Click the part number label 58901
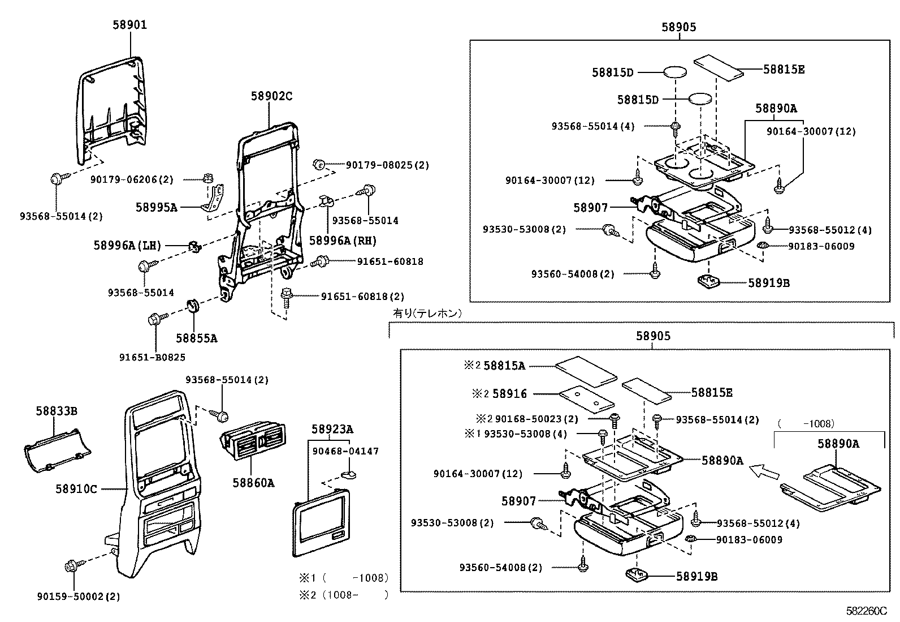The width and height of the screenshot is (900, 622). (130, 25)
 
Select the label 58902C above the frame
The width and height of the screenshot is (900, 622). (271, 96)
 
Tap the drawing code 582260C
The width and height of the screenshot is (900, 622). (866, 611)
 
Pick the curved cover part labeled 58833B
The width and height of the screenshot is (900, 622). (57, 451)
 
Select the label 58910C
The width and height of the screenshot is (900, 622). (76, 488)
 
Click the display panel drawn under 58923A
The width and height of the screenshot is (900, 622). (320, 524)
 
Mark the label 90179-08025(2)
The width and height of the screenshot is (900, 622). (387, 165)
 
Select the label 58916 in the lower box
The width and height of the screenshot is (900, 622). (509, 393)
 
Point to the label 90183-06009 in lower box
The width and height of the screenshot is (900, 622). (749, 540)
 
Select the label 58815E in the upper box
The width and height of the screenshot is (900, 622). (784, 69)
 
